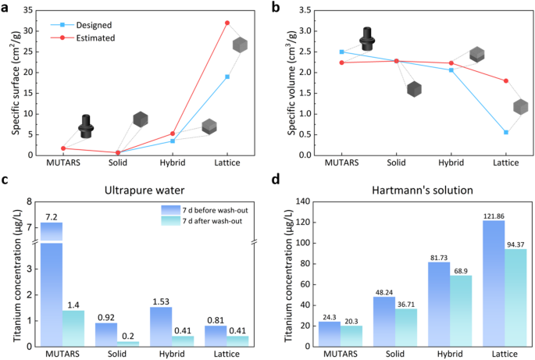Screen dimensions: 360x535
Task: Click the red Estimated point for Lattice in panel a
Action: (x=227, y=23)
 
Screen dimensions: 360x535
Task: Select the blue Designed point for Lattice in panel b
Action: (x=506, y=132)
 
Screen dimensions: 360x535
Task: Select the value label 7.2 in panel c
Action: (x=51, y=215)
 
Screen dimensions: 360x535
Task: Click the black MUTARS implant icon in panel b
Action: (x=368, y=38)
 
